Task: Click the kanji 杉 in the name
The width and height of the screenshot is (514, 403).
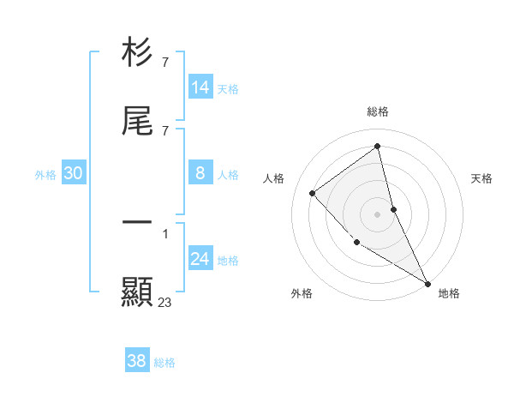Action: pyautogui.click(x=137, y=52)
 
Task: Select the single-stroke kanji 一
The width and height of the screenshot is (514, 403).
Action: pyautogui.click(x=137, y=222)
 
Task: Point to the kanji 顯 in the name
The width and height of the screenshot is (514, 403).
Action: pyautogui.click(x=137, y=292)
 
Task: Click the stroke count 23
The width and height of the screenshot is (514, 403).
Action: pyautogui.click(x=165, y=302)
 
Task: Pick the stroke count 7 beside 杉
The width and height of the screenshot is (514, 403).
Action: pyautogui.click(x=165, y=63)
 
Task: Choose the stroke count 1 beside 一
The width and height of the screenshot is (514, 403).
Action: pyautogui.click(x=165, y=232)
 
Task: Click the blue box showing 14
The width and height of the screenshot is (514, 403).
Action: pyautogui.click(x=200, y=87)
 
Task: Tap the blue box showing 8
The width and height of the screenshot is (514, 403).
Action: pyautogui.click(x=200, y=173)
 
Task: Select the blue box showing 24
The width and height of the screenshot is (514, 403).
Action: pyautogui.click(x=200, y=259)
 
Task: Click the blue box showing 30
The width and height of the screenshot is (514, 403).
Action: pyautogui.click(x=74, y=173)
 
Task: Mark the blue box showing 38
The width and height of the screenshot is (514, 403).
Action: pyautogui.click(x=137, y=361)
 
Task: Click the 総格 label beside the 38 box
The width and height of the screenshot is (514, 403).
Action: pyautogui.click(x=164, y=363)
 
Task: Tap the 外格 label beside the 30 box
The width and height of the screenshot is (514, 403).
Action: pyautogui.click(x=45, y=175)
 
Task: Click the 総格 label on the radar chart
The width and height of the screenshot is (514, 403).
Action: pyautogui.click(x=378, y=111)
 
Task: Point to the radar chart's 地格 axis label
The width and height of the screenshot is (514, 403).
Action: pyautogui.click(x=449, y=293)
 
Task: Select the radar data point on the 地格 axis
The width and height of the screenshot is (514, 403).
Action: pyautogui.click(x=427, y=283)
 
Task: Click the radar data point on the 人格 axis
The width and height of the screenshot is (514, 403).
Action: pyautogui.click(x=313, y=193)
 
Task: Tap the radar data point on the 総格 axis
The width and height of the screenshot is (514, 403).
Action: pyautogui.click(x=378, y=146)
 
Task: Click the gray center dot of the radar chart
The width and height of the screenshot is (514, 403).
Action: pyautogui.click(x=378, y=214)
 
